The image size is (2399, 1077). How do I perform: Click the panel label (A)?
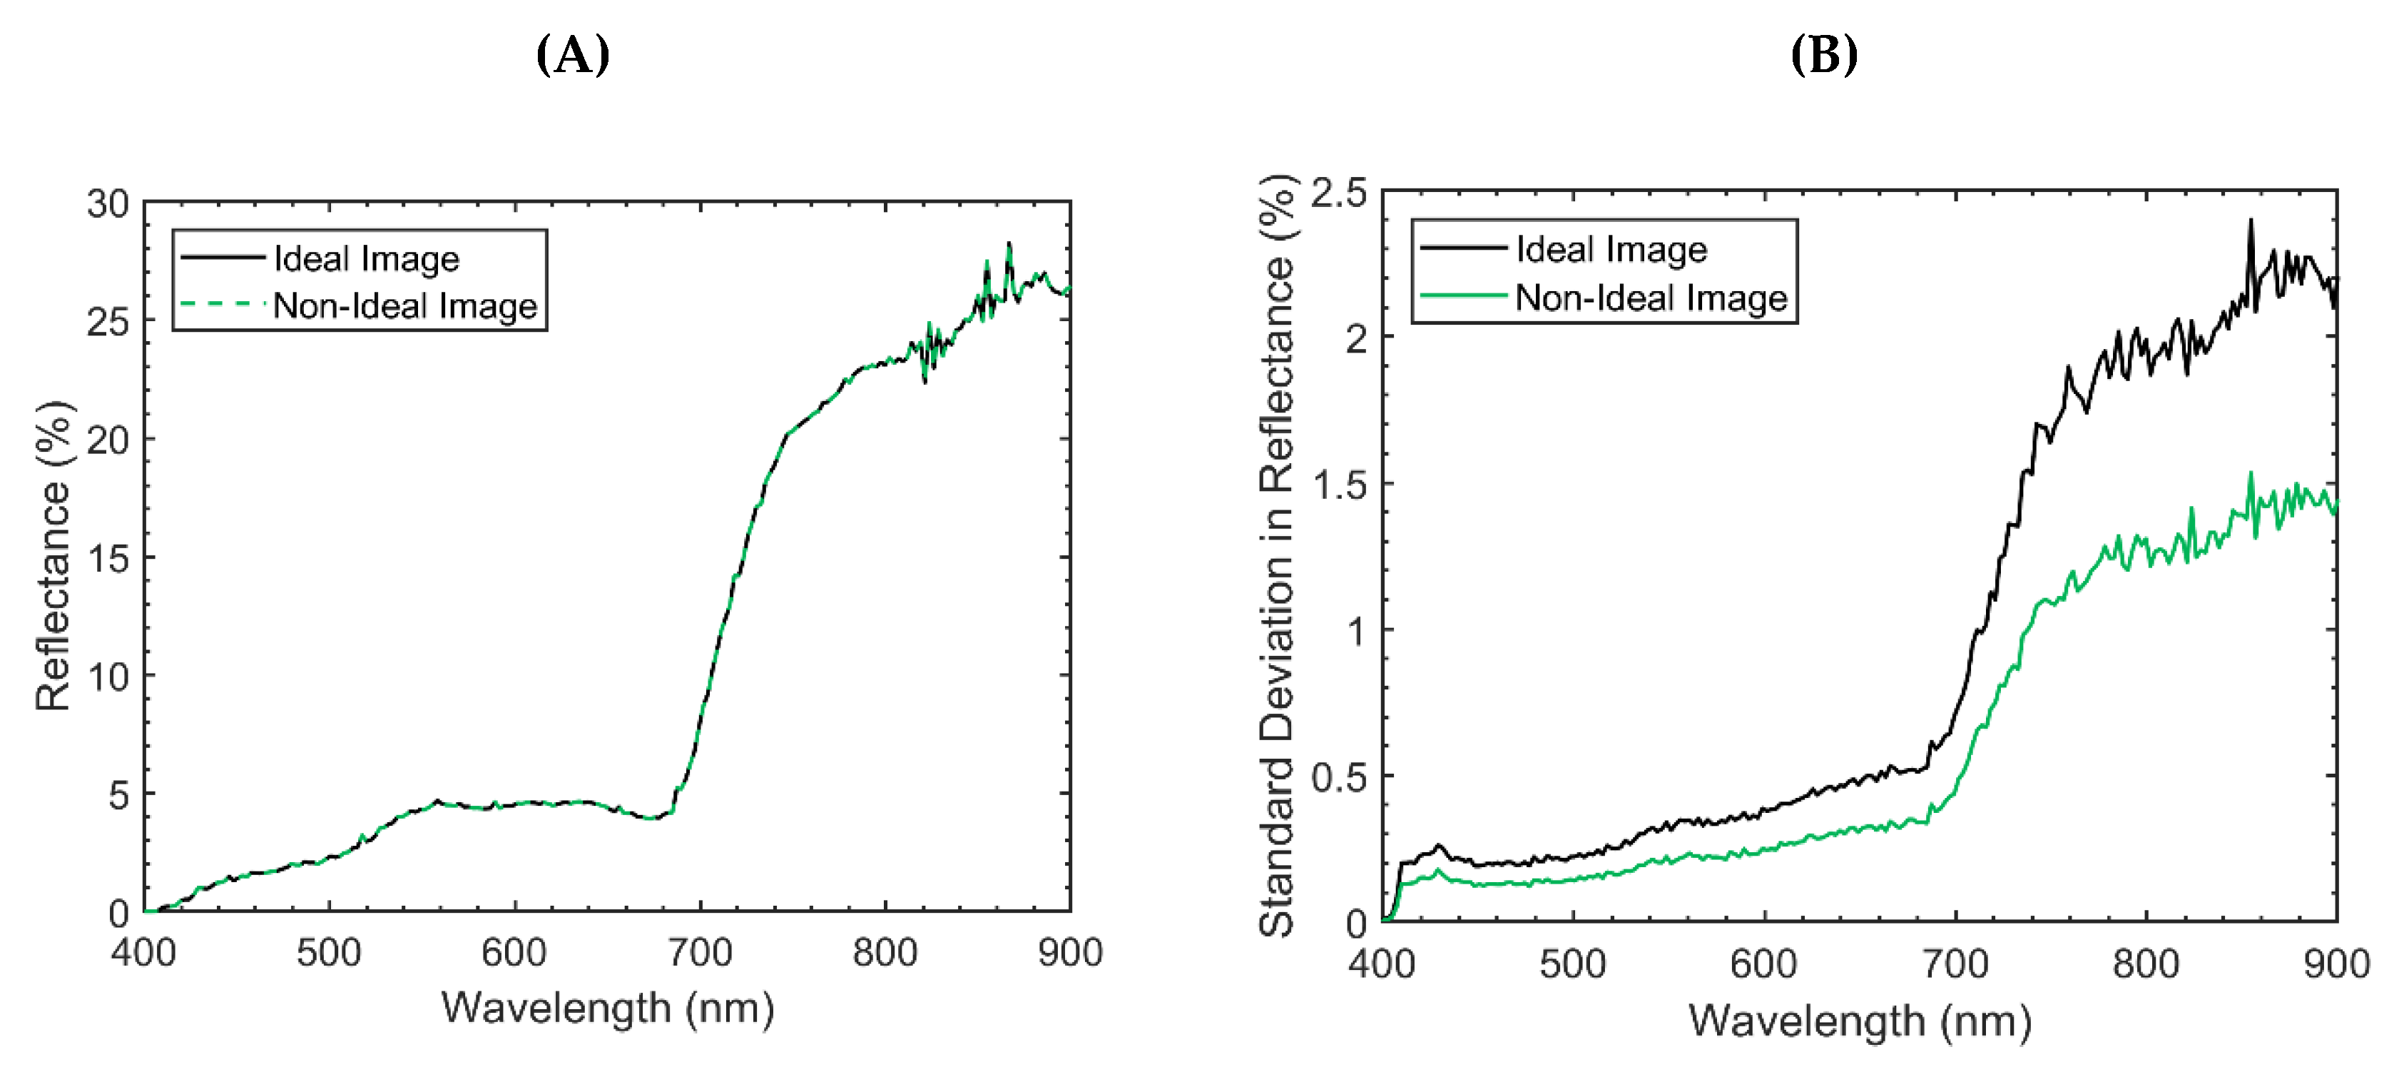[x=573, y=55]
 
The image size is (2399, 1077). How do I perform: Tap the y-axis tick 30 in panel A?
[x=108, y=203]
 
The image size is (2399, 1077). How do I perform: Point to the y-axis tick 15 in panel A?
[x=108, y=558]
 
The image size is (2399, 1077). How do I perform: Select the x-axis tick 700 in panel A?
[x=699, y=952]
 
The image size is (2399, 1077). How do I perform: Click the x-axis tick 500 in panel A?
[x=329, y=952]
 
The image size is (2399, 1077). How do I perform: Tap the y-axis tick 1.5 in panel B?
[x=1338, y=485]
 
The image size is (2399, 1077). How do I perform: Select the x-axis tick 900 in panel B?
[x=2336, y=964]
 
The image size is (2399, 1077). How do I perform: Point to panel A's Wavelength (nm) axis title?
[x=607, y=1008]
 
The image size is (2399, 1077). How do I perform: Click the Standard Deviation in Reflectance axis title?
[x=1278, y=555]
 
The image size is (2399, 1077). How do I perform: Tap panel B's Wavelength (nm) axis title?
[x=1859, y=1021]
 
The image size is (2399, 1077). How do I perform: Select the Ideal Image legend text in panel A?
[x=366, y=258]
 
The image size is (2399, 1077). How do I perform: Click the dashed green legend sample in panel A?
[x=222, y=304]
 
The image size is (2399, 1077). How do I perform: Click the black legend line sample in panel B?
[x=1463, y=247]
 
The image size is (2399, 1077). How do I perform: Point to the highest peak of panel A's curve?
[x=1009, y=244]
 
